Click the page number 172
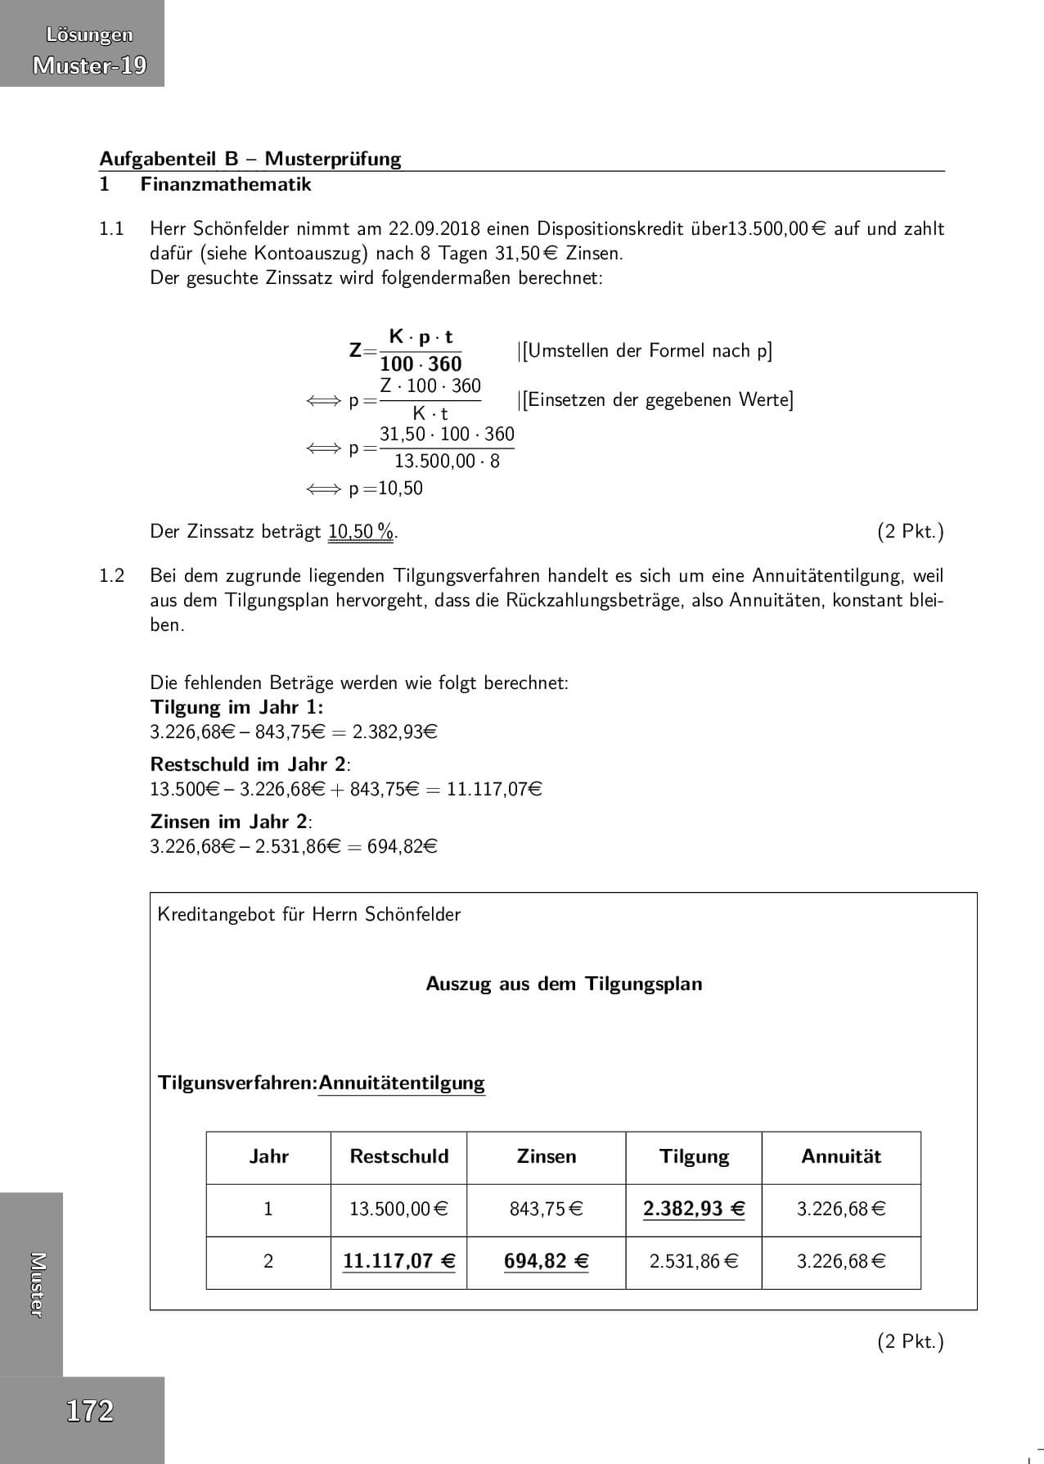tap(89, 1411)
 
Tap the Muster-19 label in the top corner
tap(89, 65)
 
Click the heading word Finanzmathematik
tap(226, 184)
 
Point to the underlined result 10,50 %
tap(361, 532)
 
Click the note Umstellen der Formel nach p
tap(647, 351)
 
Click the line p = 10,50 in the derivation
tap(385, 489)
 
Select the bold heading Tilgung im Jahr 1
tap(236, 707)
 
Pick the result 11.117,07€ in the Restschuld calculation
tap(494, 790)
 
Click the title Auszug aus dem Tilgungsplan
tap(564, 984)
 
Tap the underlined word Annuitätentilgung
tap(402, 1083)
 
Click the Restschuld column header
tap(398, 1156)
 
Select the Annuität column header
tap(840, 1156)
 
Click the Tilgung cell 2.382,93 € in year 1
tap(694, 1209)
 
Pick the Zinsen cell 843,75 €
tap(546, 1209)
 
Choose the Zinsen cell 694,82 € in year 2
tap(546, 1261)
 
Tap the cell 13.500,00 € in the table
tap(398, 1209)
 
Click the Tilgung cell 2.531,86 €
tap(694, 1261)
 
